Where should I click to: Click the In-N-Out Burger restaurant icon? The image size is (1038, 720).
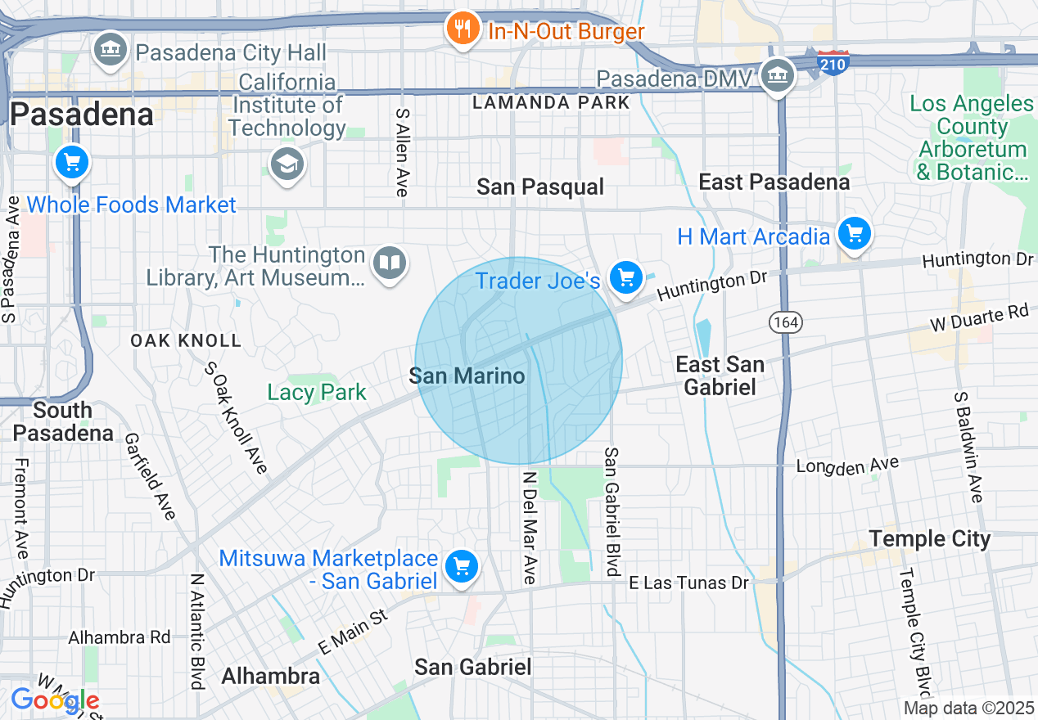coord(463,29)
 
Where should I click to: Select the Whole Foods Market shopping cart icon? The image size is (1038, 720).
coord(72,161)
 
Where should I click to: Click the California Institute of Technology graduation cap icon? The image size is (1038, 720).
coord(287,164)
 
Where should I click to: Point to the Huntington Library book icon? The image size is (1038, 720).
coord(390,263)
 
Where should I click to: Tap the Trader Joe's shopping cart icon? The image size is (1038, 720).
coord(626,278)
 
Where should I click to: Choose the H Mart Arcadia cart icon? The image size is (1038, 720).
coord(855,234)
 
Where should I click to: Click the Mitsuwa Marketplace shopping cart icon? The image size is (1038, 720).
coord(462,565)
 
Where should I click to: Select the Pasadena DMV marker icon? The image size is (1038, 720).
coord(777,75)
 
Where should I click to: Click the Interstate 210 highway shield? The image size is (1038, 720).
coord(833,62)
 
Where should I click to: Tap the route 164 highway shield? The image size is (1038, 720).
coord(784,322)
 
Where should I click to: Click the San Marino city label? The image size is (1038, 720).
coord(467,376)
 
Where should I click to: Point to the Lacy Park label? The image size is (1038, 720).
coord(317,392)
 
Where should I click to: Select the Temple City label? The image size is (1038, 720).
coord(929,539)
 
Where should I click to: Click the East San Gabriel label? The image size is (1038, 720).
coord(720,375)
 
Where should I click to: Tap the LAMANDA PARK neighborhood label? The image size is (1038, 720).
coord(552,102)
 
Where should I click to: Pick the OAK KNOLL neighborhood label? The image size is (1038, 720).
coord(186,340)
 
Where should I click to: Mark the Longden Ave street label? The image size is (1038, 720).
coord(847,466)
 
